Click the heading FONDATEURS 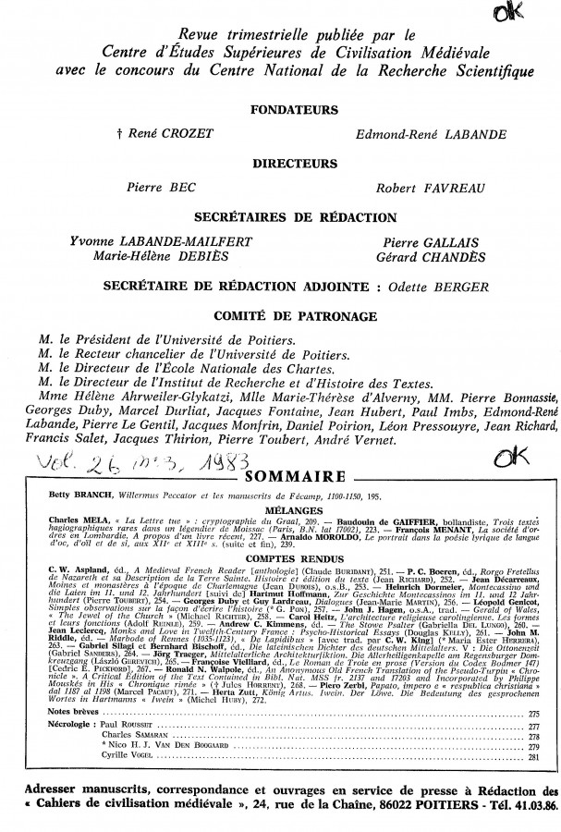(x=284, y=109)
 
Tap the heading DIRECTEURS (x=284, y=164)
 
